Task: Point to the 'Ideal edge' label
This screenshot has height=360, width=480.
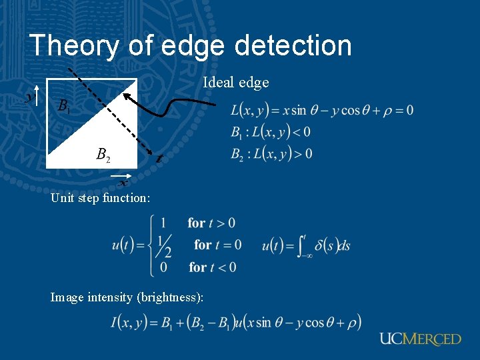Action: pos(236,83)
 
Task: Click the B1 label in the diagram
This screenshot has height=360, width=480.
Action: pos(63,105)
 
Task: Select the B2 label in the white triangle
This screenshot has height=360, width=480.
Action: pos(103,155)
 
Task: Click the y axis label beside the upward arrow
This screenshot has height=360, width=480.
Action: pos(28,97)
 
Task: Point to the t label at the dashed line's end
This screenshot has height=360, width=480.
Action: pos(158,159)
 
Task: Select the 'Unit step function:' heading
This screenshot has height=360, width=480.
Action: pos(100,197)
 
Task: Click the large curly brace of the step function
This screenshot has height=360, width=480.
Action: pos(155,245)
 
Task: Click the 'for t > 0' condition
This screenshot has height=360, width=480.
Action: pos(211,223)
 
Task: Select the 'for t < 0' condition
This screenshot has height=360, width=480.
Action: pos(212,267)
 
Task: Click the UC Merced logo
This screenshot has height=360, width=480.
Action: pos(420,339)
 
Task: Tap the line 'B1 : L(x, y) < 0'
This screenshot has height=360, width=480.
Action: pos(271,132)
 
